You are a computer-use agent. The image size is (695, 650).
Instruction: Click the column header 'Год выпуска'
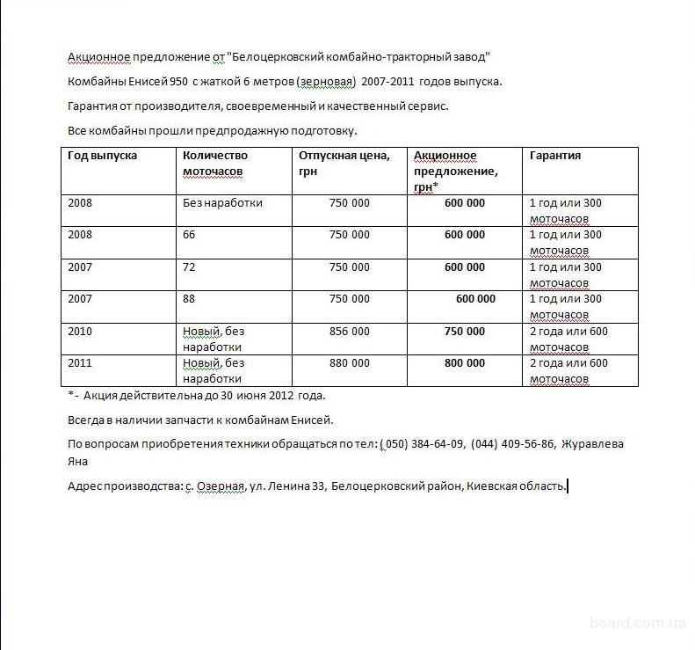click(x=102, y=156)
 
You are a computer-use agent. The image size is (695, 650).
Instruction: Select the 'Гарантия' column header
click(x=554, y=156)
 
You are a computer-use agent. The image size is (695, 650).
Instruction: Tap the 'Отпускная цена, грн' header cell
click(x=344, y=164)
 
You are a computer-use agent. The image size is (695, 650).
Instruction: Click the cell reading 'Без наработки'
click(x=222, y=203)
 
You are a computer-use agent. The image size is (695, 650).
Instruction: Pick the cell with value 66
click(x=189, y=235)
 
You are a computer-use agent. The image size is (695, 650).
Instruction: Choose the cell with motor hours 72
click(x=189, y=267)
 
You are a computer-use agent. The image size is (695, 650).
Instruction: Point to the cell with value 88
click(x=189, y=299)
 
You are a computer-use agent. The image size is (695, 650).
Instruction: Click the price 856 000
click(x=349, y=332)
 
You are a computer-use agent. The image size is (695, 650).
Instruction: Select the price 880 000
click(x=349, y=363)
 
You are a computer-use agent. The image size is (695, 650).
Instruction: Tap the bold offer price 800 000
click(x=464, y=363)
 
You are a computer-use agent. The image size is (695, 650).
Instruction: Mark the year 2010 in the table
click(x=80, y=332)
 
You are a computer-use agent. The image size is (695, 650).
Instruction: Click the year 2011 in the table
click(x=80, y=363)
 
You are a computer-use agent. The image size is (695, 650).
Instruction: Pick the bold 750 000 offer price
click(x=464, y=332)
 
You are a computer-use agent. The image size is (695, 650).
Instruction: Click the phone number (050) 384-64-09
click(x=422, y=444)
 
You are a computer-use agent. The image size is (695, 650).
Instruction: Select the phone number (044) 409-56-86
click(x=512, y=444)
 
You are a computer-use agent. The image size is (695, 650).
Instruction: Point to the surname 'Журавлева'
click(x=592, y=444)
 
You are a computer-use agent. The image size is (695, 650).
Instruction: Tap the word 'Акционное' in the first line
click(x=98, y=57)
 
